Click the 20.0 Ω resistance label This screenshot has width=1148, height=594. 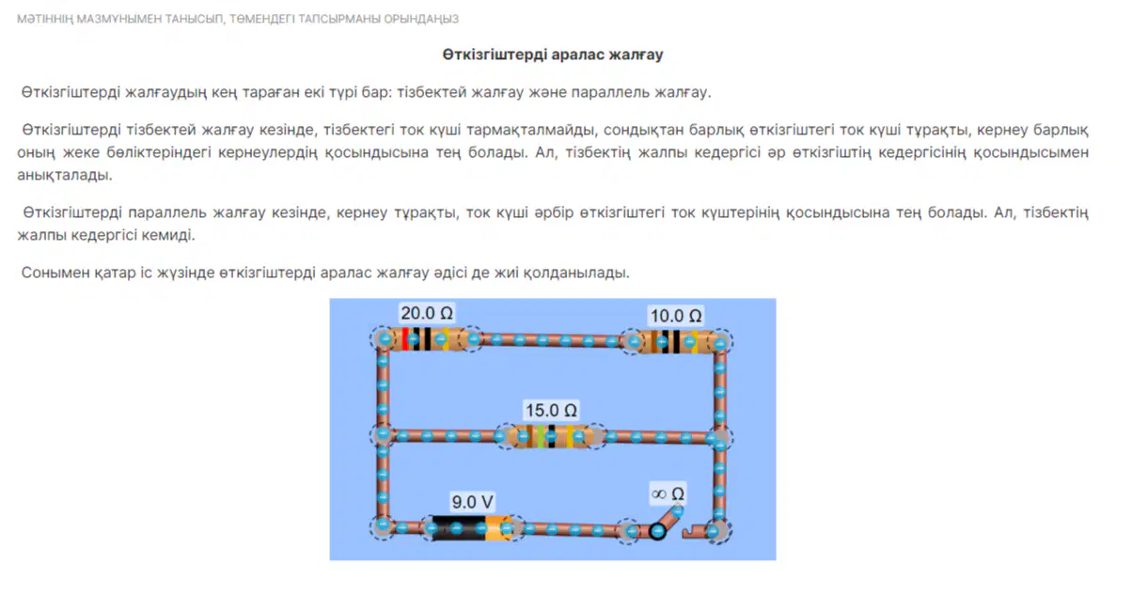[427, 313]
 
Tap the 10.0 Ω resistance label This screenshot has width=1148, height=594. [676, 316]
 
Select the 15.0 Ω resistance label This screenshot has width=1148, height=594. [551, 410]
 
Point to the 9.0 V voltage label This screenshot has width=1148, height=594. [472, 501]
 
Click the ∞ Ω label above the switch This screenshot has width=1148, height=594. [668, 493]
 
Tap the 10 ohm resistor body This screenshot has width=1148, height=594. [676, 342]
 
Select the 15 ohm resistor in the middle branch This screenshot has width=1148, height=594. [551, 436]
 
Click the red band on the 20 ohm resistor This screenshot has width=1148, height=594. [405, 338]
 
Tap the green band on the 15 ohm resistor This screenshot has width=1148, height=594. [541, 436]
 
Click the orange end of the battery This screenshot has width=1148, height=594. [498, 528]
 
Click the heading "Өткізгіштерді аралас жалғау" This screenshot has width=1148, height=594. [553, 55]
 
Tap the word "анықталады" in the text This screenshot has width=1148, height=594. [65, 175]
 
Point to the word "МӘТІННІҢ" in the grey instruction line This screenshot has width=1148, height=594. [44, 19]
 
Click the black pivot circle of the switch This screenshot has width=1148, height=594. [657, 531]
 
